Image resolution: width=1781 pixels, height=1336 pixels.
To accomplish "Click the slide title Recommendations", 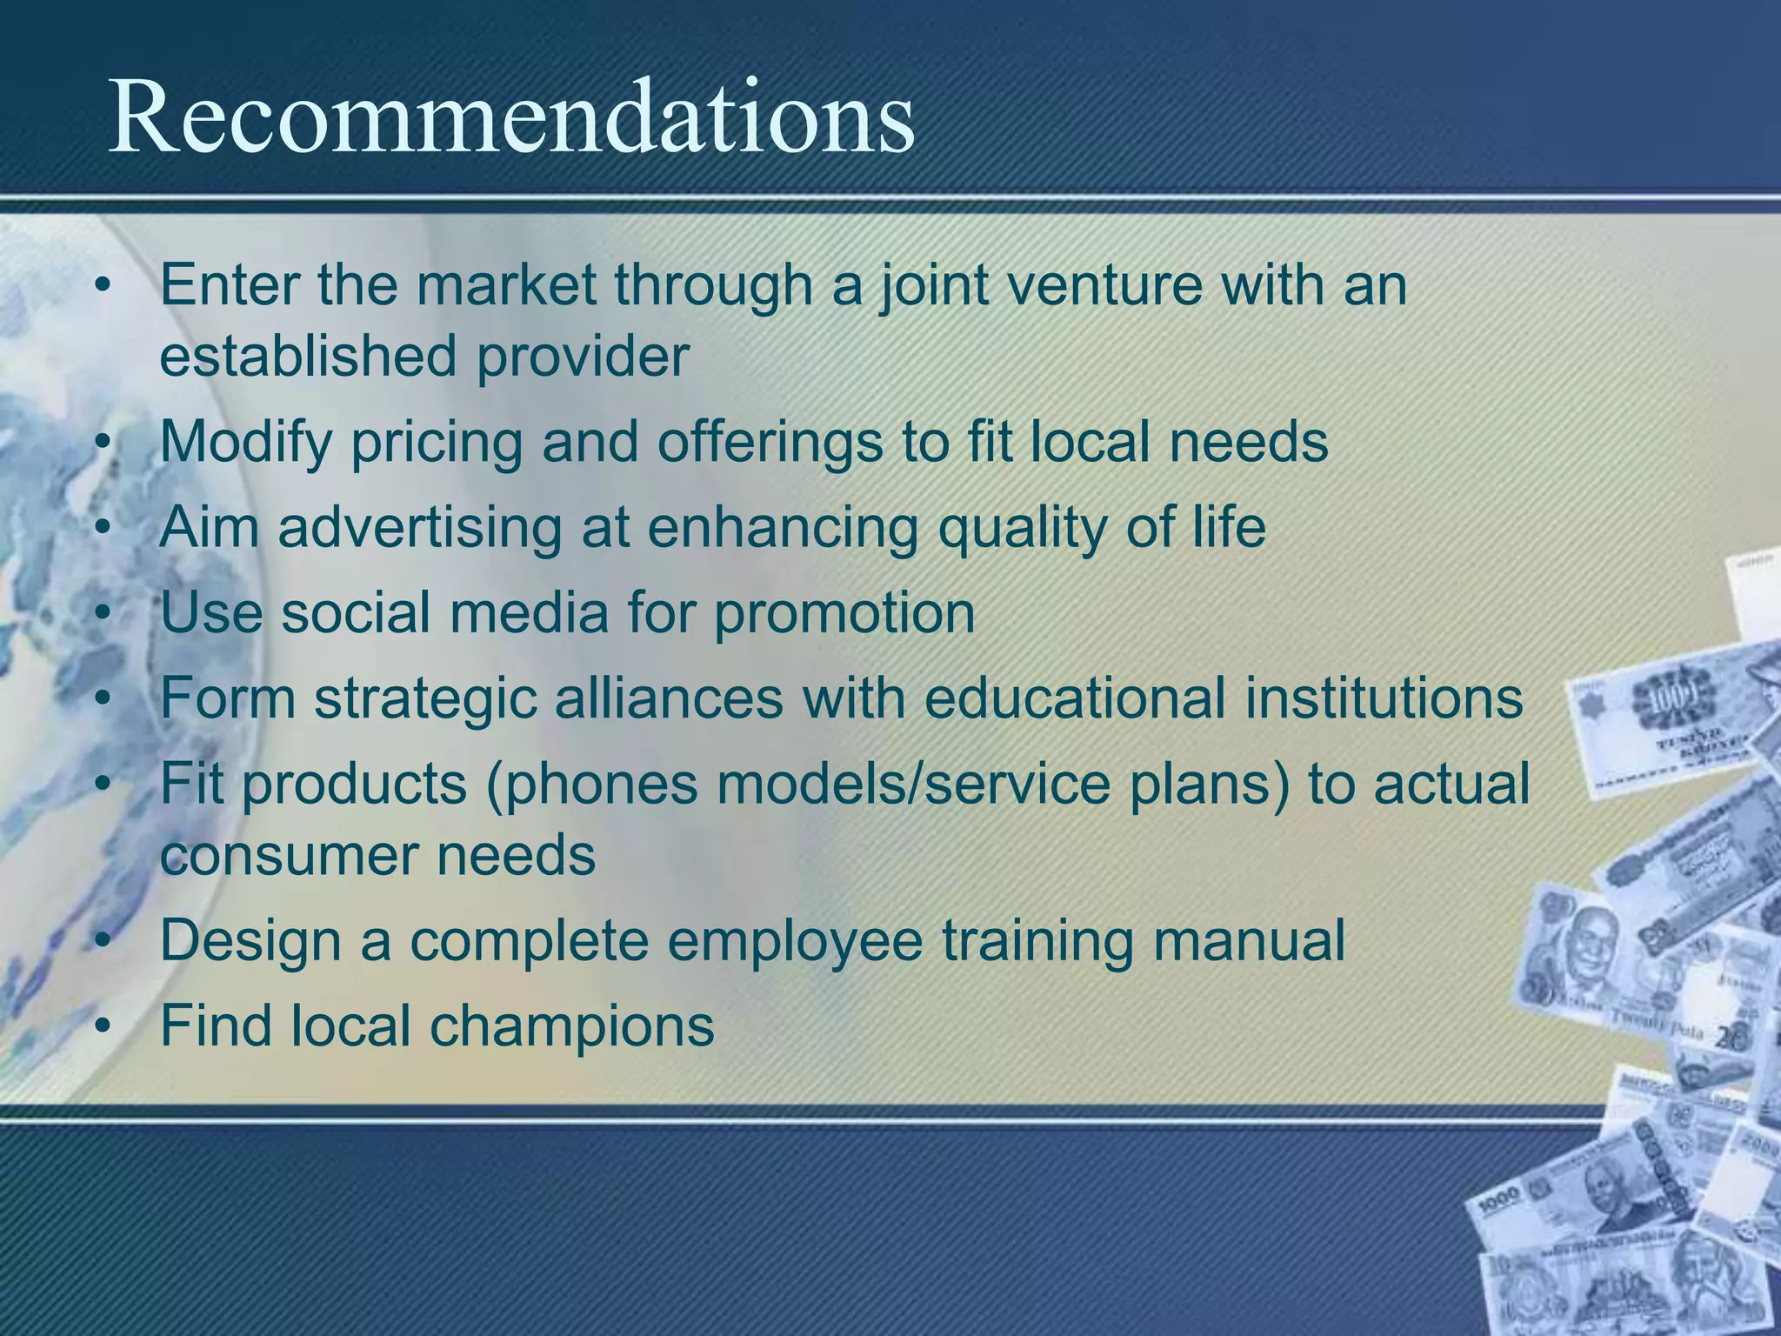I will [x=511, y=117].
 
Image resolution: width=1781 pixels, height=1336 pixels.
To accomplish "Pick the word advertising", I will [x=420, y=527].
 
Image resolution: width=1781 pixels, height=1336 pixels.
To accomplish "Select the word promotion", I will [x=844, y=612].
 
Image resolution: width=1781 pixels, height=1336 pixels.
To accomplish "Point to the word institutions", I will [x=1384, y=698].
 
